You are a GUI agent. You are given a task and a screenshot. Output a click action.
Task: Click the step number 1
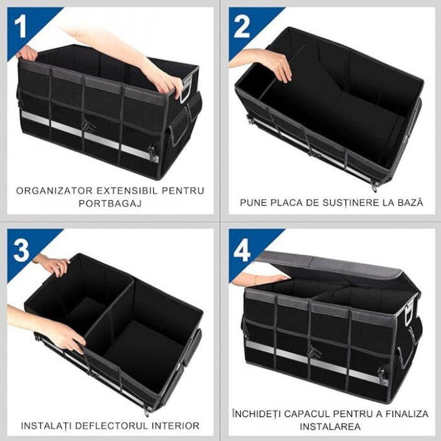coord(20,26)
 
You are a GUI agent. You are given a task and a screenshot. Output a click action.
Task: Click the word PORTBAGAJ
coord(110,203)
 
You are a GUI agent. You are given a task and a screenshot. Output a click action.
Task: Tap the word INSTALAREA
coord(330,427)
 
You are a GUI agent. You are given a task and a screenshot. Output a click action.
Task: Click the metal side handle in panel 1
coord(185,90)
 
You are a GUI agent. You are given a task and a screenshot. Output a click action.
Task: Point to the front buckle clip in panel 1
coord(89,129)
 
